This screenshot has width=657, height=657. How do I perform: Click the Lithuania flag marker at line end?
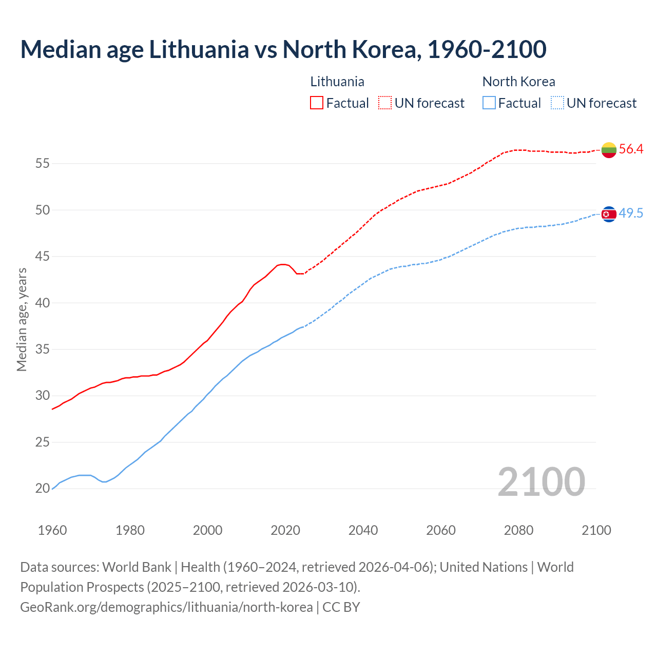tap(609, 150)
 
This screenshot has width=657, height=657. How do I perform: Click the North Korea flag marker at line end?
tap(609, 214)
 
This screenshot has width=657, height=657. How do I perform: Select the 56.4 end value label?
tap(631, 149)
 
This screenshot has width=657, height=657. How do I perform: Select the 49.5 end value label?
tap(631, 214)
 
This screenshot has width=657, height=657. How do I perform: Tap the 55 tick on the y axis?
tap(42, 164)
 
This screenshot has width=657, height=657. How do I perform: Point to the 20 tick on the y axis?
tap(42, 489)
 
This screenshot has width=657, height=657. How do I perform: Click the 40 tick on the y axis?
tap(42, 303)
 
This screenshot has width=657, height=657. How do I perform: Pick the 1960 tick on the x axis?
tap(52, 530)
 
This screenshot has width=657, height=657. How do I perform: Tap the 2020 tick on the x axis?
tap(285, 530)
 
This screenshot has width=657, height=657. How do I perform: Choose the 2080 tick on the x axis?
tap(518, 530)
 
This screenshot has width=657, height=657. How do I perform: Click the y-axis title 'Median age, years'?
tap(22, 319)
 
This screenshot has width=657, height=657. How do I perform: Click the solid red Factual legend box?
tap(317, 103)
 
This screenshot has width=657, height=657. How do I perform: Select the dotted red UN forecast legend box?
tap(385, 103)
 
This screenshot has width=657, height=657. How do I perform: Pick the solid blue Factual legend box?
tap(489, 103)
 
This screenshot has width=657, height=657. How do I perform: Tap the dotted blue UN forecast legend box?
tap(557, 103)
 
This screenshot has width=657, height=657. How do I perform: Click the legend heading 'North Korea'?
tap(518, 82)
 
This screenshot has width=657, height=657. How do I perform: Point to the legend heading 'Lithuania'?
tap(337, 82)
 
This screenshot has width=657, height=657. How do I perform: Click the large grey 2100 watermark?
tap(541, 481)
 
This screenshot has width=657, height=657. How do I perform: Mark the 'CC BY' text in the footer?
tap(341, 607)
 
